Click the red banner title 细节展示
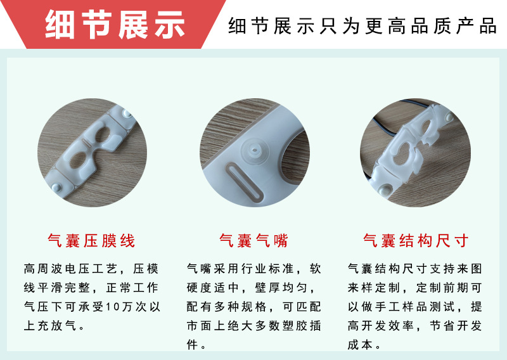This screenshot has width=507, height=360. point(115,24)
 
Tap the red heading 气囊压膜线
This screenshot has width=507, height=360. point(92,241)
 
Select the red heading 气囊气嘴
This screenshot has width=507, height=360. point(253,241)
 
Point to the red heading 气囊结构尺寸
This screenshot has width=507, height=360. point(416,241)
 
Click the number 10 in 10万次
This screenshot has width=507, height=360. point(113,307)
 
